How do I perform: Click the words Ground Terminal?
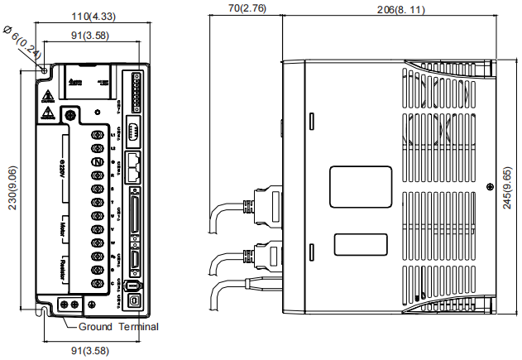pyautogui.click(x=117, y=327)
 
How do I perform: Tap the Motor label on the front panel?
pyautogui.click(x=65, y=228)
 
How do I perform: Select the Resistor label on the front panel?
pyautogui.click(x=65, y=268)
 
